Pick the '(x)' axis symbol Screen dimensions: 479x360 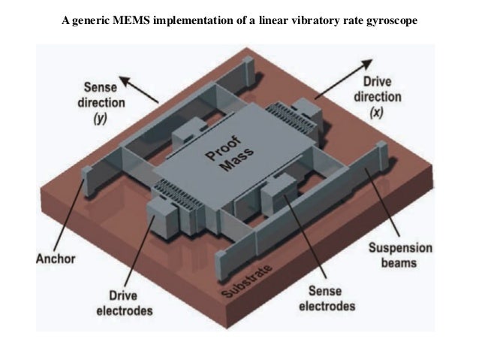click(x=377, y=112)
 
